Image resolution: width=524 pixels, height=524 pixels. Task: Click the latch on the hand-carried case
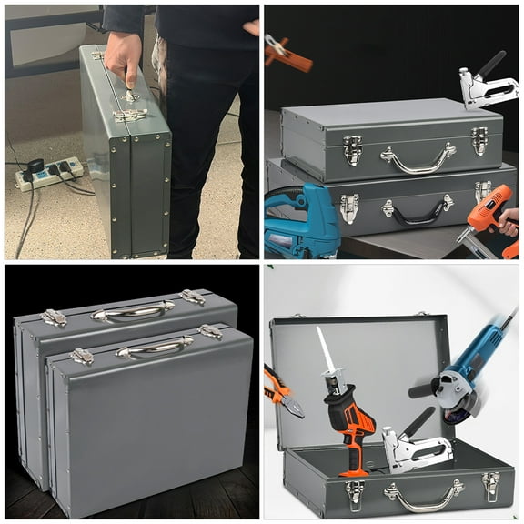[129, 116]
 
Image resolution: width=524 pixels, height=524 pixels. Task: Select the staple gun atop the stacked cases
[482, 87]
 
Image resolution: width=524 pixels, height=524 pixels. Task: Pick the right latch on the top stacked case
[480, 139]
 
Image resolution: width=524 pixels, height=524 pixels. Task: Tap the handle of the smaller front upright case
[154, 347]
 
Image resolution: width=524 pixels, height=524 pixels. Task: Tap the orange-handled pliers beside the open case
[282, 391]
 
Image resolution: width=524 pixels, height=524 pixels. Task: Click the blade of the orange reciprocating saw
[326, 351]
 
